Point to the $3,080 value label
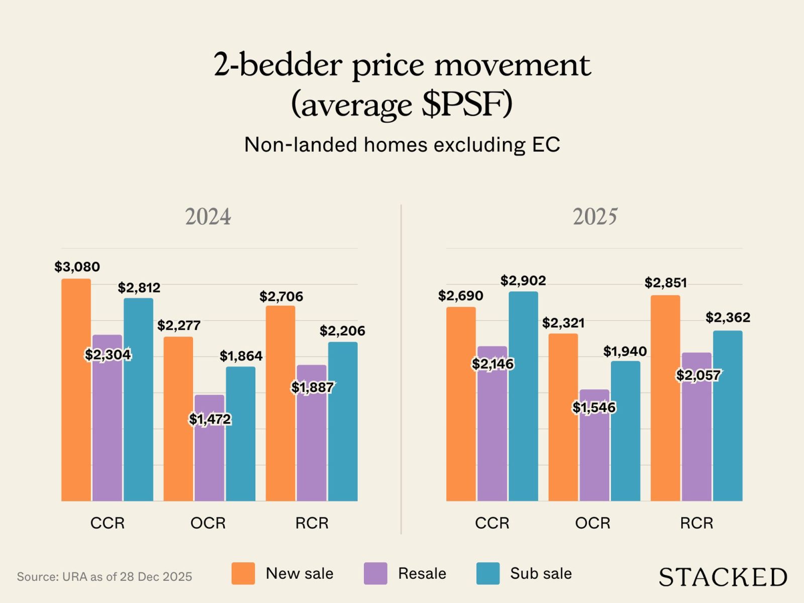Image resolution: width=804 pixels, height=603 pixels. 77,267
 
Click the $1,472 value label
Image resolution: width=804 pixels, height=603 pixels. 210,419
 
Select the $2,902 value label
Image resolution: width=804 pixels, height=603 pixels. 523,280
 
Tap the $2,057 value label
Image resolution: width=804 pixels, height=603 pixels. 698,375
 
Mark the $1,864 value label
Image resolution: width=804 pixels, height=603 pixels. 241,356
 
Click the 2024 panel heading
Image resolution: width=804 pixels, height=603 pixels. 208,217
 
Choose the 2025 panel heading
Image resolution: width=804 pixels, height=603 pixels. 595,217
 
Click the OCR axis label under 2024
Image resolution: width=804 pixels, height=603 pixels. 208,523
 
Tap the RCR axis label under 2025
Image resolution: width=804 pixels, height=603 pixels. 696,523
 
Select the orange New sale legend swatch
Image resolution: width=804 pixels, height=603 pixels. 243,573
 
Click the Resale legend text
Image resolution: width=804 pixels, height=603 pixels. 422,573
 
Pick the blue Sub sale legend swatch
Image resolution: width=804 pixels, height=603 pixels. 488,573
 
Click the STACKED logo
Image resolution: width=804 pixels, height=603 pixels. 723,577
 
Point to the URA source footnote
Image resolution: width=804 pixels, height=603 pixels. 105,576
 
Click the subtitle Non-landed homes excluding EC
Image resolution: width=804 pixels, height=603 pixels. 402,145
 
